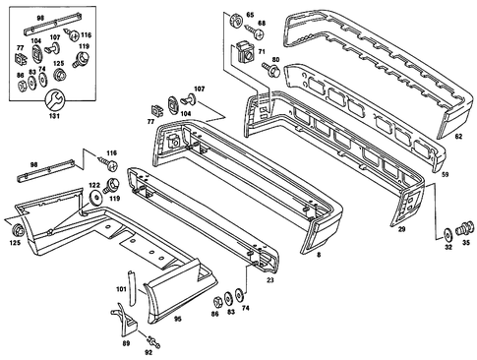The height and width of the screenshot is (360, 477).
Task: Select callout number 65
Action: click(x=250, y=15)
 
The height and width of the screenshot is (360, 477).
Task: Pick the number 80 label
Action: click(x=275, y=61)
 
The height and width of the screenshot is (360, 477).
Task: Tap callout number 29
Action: click(x=401, y=228)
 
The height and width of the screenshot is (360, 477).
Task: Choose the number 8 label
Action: click(x=319, y=255)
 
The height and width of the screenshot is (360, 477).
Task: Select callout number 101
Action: click(x=120, y=290)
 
